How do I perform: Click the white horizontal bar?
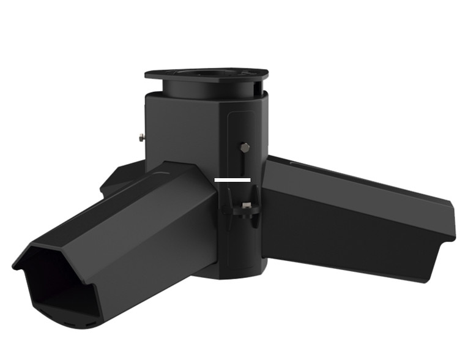point(232,180)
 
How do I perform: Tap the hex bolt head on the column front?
point(245,147)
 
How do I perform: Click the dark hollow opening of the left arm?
point(52,282)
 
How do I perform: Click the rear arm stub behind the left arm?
point(119,178)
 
